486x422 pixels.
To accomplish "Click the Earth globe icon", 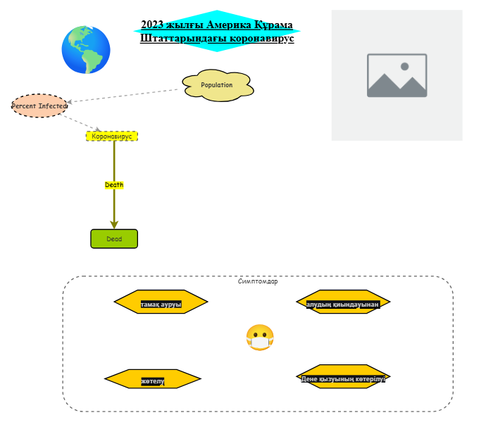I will click(x=85, y=50).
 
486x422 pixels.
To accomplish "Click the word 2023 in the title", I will click(x=151, y=25).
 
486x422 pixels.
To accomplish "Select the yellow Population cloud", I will click(x=217, y=85).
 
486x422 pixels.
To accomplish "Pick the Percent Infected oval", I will click(x=39, y=105).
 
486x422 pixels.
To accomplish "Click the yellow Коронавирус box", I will click(x=112, y=136).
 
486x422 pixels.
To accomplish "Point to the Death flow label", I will click(x=114, y=185).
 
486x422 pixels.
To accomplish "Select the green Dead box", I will click(x=114, y=239).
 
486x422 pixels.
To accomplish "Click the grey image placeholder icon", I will click(x=397, y=75).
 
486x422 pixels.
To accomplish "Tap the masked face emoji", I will click(x=259, y=338).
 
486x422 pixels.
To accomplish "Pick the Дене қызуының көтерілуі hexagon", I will click(x=343, y=377).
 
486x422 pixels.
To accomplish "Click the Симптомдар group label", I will click(x=258, y=281).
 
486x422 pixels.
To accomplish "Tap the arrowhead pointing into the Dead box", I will click(x=114, y=224).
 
